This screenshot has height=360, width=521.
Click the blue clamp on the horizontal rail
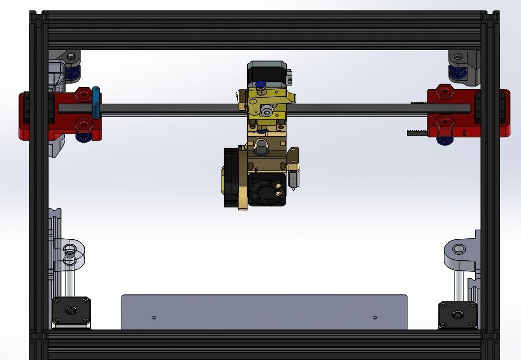[x=96, y=103]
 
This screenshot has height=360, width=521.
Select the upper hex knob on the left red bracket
[x=83, y=94]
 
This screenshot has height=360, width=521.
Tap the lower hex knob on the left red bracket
[x=83, y=124]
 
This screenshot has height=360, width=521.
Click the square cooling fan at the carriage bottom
[x=267, y=189]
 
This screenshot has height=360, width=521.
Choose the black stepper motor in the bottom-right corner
[x=457, y=314]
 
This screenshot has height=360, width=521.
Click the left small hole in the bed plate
[x=154, y=317]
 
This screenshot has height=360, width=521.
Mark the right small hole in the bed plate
[x=375, y=317]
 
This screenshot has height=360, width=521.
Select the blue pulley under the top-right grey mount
[x=456, y=73]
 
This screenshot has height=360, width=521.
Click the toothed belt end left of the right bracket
[x=416, y=133]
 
